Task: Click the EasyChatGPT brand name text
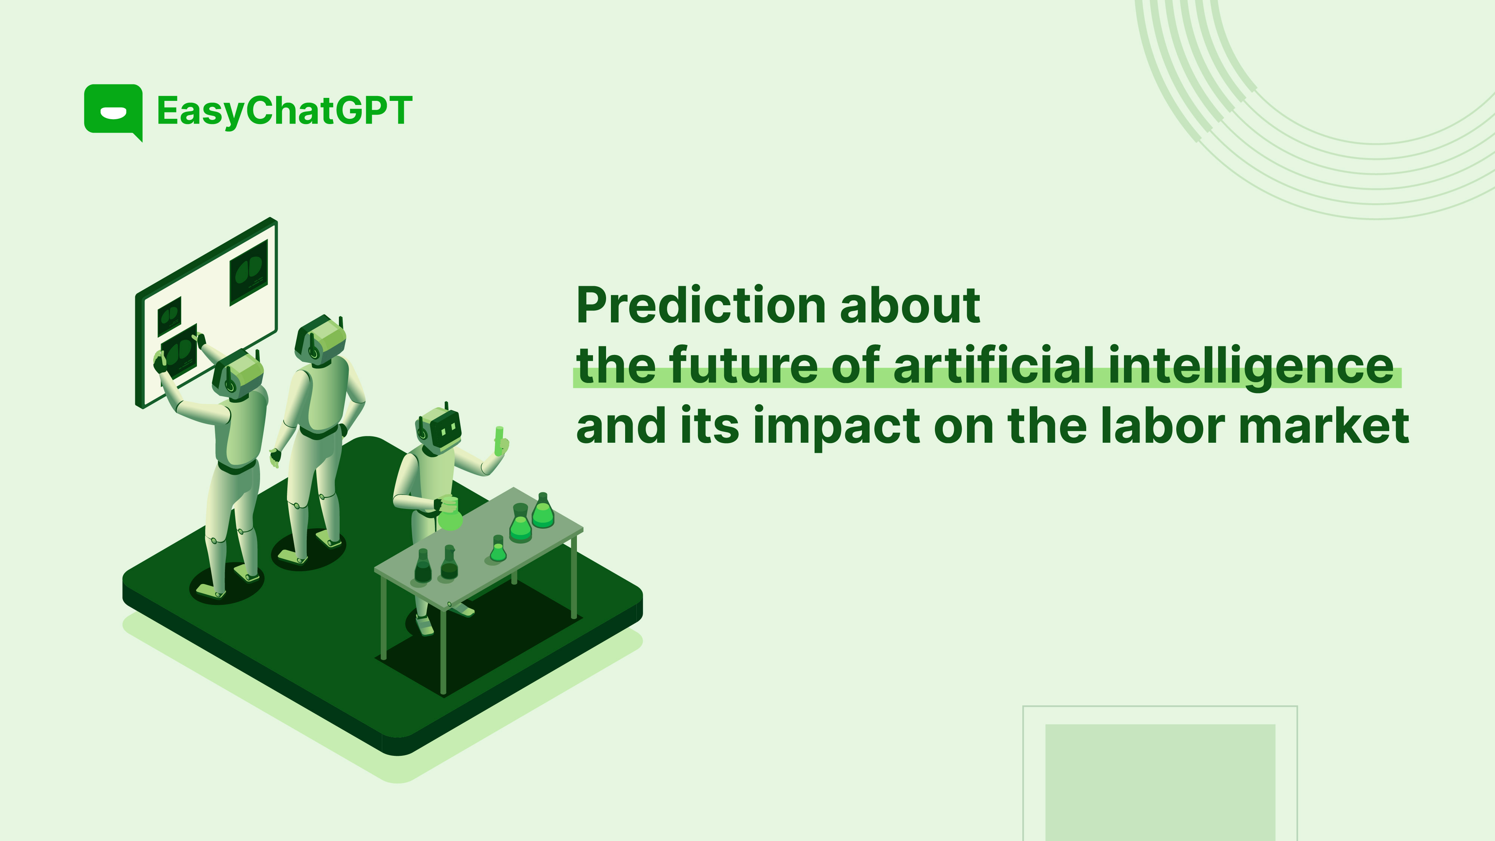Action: pos(284,111)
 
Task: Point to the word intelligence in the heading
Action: pos(1251,367)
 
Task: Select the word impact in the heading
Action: pos(836,428)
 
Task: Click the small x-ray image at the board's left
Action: pos(170,316)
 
